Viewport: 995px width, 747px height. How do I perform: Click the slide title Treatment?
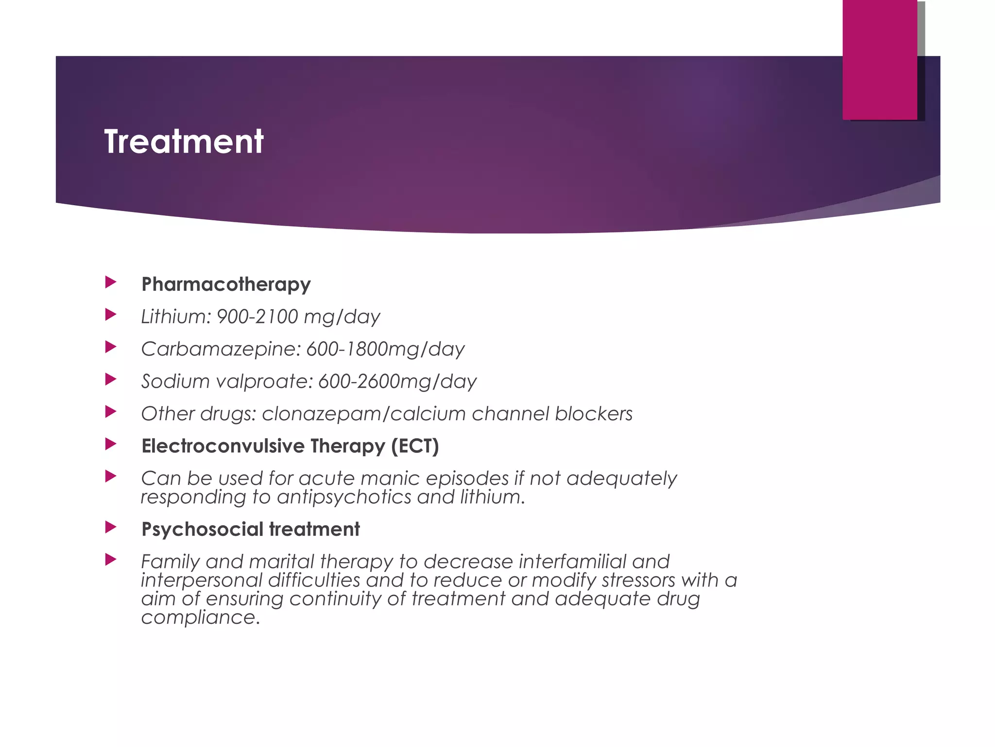pos(184,142)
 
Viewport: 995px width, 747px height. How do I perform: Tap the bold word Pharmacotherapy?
pos(226,285)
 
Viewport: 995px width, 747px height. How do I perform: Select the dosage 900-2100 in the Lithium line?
pos(257,317)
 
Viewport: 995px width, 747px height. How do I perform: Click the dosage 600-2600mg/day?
pos(397,381)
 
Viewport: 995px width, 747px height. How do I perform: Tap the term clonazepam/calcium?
pos(364,414)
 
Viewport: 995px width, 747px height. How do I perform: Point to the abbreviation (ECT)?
pos(415,446)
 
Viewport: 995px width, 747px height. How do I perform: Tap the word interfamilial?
pos(573,562)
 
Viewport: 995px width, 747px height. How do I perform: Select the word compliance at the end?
pos(198,618)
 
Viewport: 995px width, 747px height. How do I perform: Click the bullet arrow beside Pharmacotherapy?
pos(111,282)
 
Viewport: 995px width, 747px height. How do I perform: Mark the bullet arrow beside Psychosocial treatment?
pos(111,527)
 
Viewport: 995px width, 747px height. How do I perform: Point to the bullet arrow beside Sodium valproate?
pos(111,379)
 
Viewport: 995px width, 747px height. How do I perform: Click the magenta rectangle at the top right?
pos(880,59)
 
